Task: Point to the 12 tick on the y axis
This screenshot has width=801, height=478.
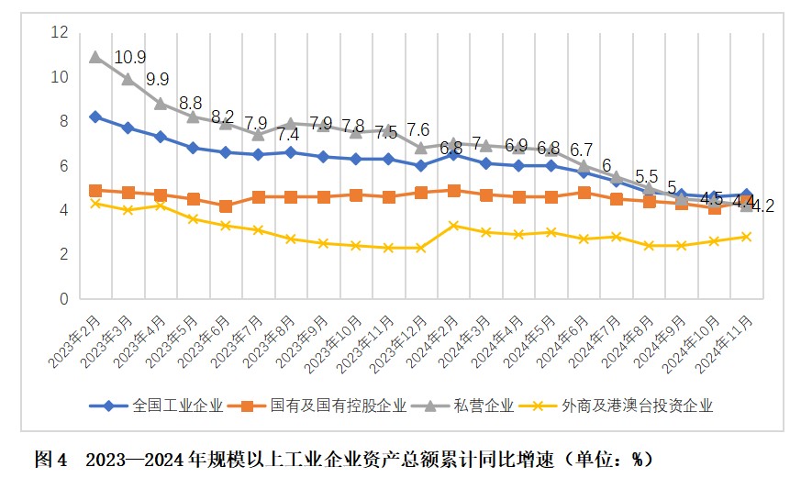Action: pos(61,33)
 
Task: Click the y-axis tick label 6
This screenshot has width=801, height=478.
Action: pos(64,166)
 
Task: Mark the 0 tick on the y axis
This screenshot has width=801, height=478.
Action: pos(64,299)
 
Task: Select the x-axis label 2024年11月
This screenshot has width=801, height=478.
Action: pos(729,339)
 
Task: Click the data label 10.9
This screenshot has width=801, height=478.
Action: pos(129,58)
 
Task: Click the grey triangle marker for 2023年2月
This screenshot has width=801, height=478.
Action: pos(95,57)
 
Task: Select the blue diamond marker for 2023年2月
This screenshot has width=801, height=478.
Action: pos(95,117)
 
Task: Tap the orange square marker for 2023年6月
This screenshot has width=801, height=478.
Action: pos(225,206)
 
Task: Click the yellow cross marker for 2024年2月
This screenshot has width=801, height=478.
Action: pos(453,226)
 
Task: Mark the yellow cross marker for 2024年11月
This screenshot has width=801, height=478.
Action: pos(747,237)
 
